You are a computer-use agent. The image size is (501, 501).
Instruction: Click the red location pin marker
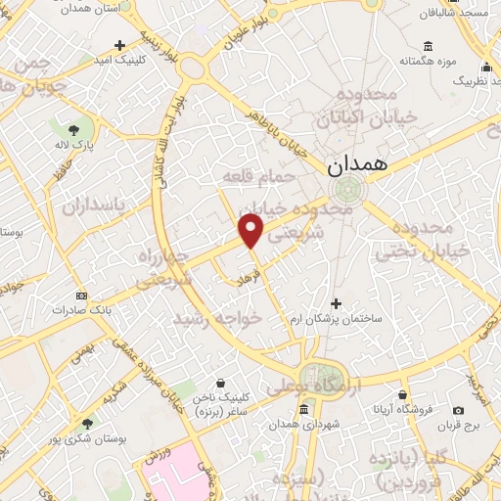click(251, 229)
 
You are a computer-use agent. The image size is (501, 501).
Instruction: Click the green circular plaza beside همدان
click(344, 190)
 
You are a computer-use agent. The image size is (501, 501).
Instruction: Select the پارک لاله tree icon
click(73, 128)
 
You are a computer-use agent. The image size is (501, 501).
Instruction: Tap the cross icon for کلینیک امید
click(119, 45)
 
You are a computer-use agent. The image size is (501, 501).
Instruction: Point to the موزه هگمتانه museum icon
click(429, 45)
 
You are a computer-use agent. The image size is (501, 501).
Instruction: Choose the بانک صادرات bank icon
click(81, 296)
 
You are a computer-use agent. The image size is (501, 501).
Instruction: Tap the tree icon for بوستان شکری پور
click(87, 424)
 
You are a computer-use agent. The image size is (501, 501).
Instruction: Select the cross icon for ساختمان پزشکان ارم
click(338, 303)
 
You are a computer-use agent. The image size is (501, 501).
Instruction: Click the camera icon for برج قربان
click(458, 410)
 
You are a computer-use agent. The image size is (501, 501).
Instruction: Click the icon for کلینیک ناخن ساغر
click(220, 383)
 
